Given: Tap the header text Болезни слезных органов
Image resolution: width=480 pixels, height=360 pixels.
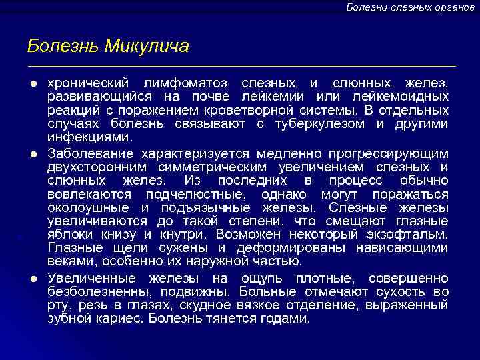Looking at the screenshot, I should pos(410,7).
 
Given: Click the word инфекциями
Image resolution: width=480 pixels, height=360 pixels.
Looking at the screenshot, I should pos(90,138).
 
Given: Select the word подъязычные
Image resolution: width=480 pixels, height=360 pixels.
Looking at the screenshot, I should pos(204,208).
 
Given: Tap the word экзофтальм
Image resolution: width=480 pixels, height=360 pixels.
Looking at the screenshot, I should pos(407,235).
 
